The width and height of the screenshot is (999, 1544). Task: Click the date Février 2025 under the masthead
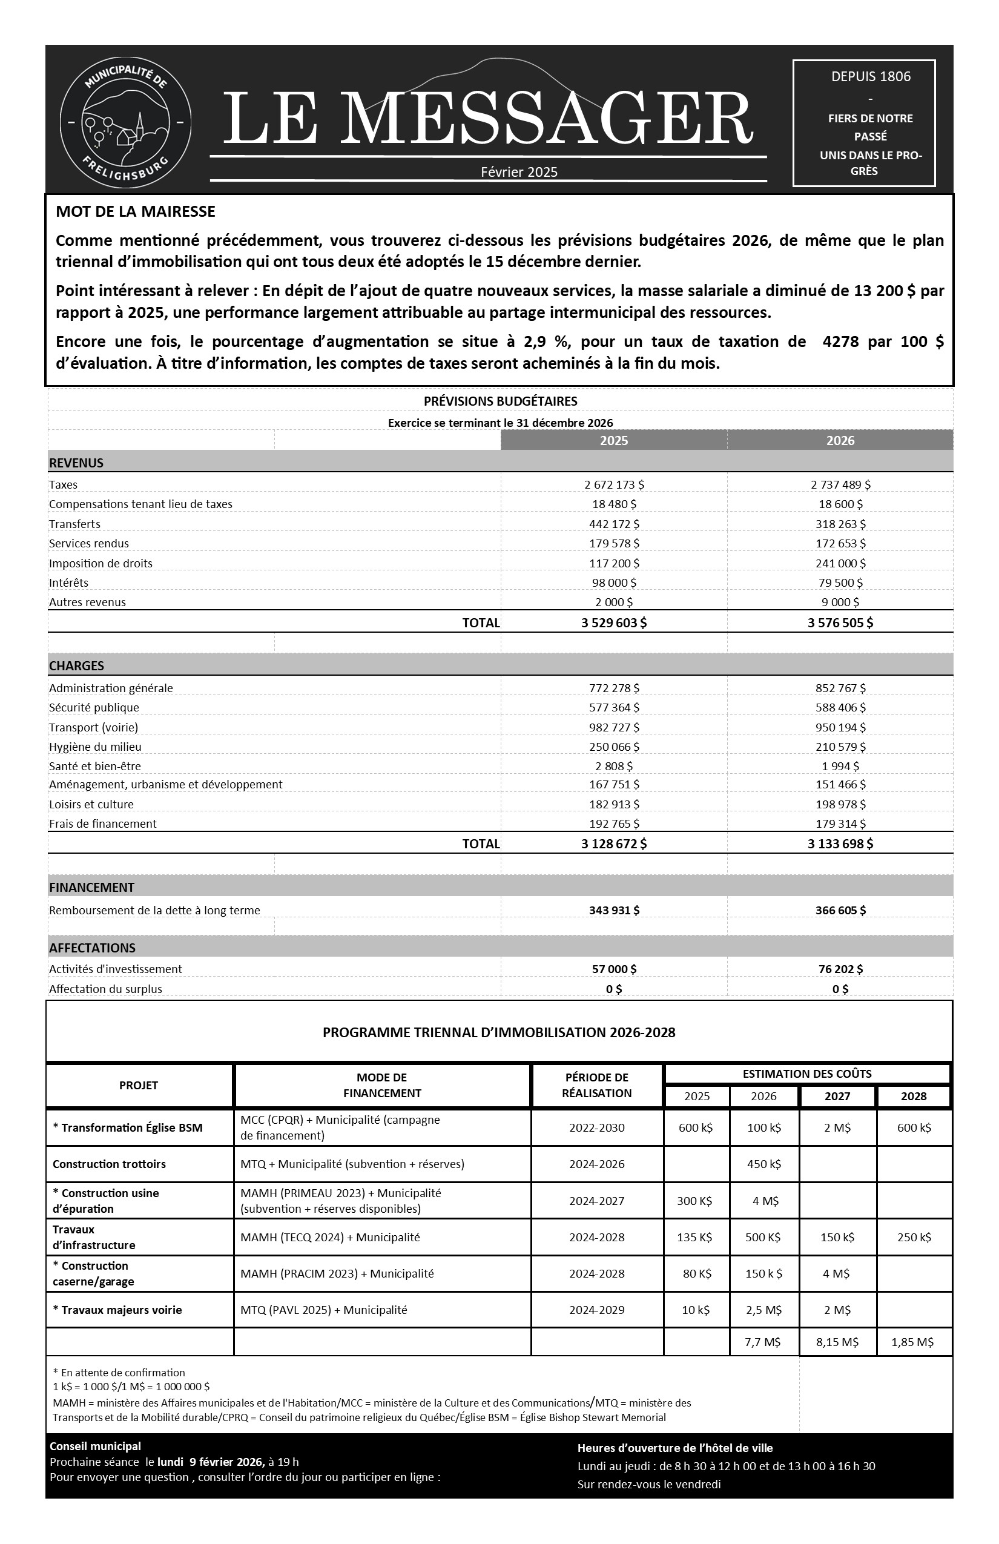[x=519, y=172]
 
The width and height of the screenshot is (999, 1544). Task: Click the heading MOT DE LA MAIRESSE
[x=136, y=211]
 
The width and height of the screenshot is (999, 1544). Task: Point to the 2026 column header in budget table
[x=840, y=441]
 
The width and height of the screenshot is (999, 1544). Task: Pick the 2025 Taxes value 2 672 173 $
[x=614, y=484]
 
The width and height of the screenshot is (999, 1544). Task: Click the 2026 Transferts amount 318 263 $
[x=840, y=524]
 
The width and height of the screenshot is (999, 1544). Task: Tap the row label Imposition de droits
[x=101, y=563]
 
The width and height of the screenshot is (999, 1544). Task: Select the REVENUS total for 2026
[x=840, y=623]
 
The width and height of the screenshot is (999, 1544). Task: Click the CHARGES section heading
[x=76, y=665]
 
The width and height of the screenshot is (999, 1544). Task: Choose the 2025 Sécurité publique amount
[x=614, y=707]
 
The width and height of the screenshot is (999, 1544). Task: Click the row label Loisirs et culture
[x=91, y=804]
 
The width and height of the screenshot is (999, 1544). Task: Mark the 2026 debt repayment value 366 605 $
[x=840, y=910]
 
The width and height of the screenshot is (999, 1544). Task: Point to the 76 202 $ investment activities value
[x=840, y=969]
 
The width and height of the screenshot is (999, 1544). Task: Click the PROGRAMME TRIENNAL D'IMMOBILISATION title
[x=499, y=1032]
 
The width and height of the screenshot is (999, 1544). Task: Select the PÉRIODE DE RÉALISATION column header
[x=596, y=1084]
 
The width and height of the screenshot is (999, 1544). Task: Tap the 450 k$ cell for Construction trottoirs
[x=763, y=1164]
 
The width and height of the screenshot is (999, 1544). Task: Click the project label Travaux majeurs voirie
[x=117, y=1310]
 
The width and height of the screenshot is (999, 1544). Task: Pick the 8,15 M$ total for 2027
[x=837, y=1342]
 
